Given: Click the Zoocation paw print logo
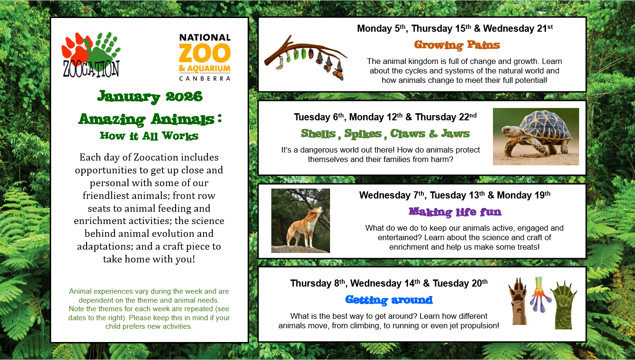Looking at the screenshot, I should [91, 54].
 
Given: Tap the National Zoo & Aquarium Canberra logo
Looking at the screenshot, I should [205, 57].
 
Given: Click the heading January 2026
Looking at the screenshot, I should [150, 97].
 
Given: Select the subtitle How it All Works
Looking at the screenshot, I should [149, 136].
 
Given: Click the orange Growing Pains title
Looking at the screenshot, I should [457, 45].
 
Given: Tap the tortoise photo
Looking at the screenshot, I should [536, 136].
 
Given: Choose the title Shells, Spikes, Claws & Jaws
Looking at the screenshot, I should [385, 134].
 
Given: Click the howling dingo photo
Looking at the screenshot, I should [300, 221].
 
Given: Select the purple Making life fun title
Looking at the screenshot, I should [455, 211].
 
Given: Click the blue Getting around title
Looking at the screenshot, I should [389, 300].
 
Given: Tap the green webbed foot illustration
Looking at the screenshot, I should [563, 305].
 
